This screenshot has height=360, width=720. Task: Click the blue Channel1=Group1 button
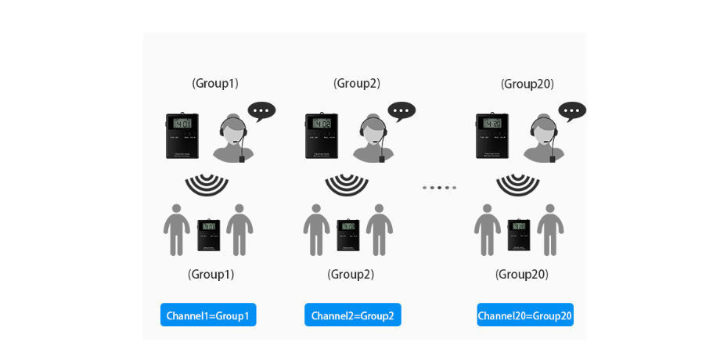tap(208, 315)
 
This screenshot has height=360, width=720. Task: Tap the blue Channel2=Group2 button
tap(352, 315)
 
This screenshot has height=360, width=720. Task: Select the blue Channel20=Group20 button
tap(525, 315)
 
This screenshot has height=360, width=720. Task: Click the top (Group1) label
tap(215, 83)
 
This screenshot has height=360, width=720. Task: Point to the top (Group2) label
tap(357, 83)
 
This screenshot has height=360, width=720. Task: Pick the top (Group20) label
tap(527, 84)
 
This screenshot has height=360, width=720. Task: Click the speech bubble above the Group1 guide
tap(261, 111)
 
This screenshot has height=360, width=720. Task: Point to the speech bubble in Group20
tap(572, 111)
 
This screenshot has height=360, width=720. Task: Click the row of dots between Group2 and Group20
tap(439, 188)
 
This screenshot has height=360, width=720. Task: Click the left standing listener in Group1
tap(177, 230)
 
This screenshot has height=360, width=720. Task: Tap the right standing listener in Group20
tap(551, 230)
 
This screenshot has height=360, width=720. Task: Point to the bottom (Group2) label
tap(351, 275)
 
